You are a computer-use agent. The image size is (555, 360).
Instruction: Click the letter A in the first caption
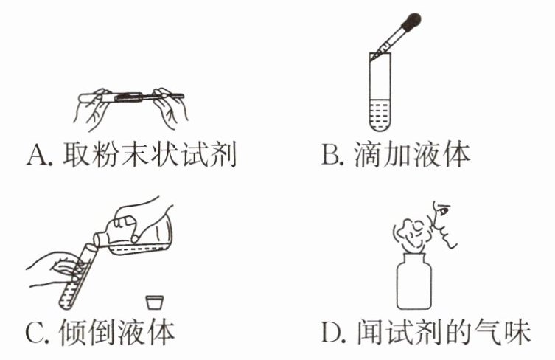[37, 155]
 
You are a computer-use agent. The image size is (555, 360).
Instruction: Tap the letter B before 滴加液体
[329, 154]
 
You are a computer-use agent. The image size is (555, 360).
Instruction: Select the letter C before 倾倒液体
[35, 333]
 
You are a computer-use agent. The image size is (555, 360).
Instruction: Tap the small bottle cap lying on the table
[155, 302]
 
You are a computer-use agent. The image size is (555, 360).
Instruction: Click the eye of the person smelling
[443, 210]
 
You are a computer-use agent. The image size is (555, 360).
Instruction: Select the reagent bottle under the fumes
[414, 282]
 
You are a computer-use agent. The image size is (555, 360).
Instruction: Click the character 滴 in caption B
[368, 154]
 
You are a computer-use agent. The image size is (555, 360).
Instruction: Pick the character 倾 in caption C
[72, 333]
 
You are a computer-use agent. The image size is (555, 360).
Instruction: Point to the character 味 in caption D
[516, 332]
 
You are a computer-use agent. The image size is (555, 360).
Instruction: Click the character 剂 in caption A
[222, 155]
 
